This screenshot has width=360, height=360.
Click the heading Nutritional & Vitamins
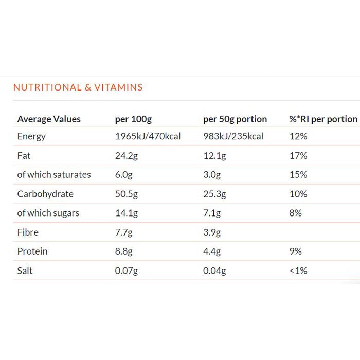pos(78,87)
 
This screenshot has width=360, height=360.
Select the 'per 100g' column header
pos(133,119)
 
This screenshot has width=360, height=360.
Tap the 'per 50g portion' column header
pos(235,119)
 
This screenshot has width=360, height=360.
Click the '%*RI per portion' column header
pos(323,119)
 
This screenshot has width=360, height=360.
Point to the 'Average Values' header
pos(49,119)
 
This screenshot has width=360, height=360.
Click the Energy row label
pos(31,136)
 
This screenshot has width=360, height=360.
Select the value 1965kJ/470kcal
pos(148,136)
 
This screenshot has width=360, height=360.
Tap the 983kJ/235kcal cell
pos(233,136)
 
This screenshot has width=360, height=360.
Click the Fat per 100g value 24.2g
pos(126,156)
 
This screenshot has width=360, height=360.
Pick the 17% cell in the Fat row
pos(298,156)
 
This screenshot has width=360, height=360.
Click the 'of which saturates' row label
pos(54,175)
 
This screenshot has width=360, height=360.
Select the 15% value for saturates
pos(298,175)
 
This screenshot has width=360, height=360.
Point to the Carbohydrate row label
pos(45,194)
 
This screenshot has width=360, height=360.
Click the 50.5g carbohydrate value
pos(126,194)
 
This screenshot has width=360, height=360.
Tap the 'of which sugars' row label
pos(48,213)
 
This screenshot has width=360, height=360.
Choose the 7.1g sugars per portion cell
pos(212,213)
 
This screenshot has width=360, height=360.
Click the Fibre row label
pos(28,232)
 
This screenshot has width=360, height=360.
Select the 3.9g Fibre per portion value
pos(212,232)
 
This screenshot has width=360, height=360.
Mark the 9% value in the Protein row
pos(296,251)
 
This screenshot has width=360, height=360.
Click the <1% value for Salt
pos(298,271)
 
